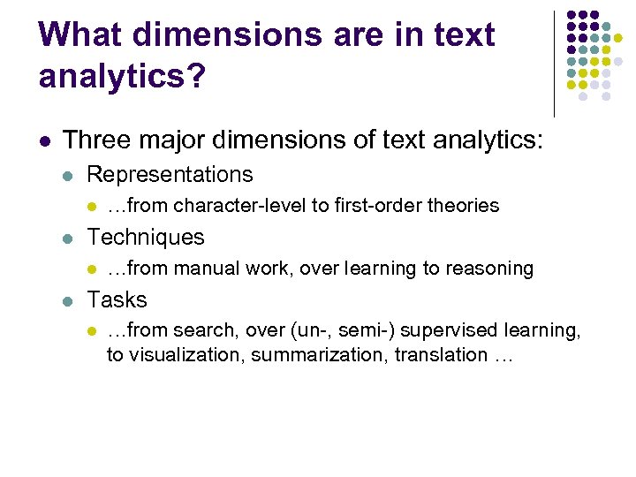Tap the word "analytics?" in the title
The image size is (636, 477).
122,76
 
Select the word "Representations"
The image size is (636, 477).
170,175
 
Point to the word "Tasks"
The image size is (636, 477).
117,299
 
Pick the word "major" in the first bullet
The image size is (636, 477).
175,139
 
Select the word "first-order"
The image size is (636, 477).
378,206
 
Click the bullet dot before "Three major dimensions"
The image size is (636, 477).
45,140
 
